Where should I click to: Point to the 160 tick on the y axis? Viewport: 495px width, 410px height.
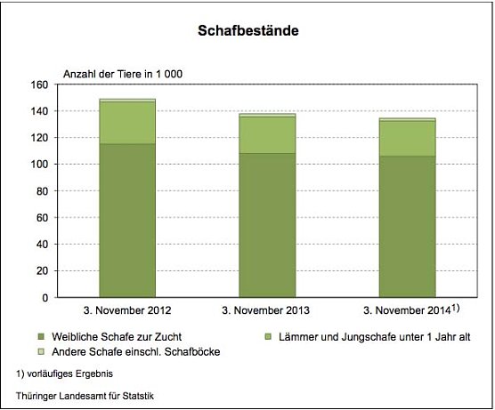click(37, 85)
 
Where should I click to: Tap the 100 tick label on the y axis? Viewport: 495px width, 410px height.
click(37, 165)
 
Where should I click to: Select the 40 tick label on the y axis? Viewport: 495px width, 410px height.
click(40, 245)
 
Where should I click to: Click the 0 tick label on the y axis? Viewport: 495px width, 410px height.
click(44, 298)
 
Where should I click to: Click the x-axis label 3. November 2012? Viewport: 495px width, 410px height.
click(126, 312)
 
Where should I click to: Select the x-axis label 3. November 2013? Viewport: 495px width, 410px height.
click(267, 312)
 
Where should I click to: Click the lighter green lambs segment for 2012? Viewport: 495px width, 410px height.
click(126, 123)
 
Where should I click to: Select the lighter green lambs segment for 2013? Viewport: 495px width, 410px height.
click(267, 134)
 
